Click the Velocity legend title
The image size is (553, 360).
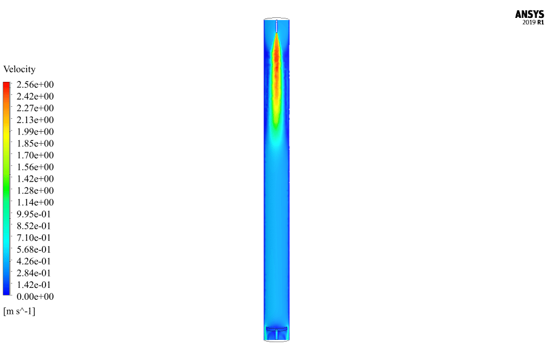click(x=20, y=69)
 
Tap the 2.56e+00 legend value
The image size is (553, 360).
click(x=35, y=85)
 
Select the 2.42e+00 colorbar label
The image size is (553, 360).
click(x=35, y=97)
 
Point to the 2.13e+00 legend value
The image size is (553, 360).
click(x=35, y=120)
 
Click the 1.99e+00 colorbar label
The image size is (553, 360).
click(x=35, y=132)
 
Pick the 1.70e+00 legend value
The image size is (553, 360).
click(x=35, y=155)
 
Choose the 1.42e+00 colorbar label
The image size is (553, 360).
click(x=35, y=179)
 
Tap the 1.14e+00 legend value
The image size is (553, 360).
click(x=35, y=202)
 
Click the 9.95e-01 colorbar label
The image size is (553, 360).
click(x=34, y=214)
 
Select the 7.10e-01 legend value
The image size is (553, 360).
click(x=34, y=237)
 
